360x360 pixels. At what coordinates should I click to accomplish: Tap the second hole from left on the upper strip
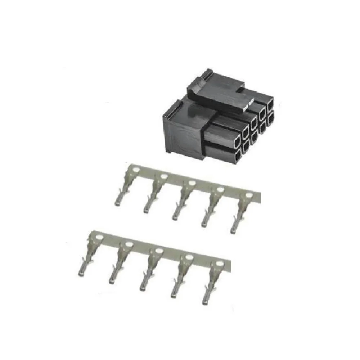(164, 177)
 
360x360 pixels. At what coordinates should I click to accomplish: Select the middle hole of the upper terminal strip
(192, 183)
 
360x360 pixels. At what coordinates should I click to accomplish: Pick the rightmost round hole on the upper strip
(249, 195)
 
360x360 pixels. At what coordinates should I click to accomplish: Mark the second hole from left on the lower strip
(129, 244)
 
